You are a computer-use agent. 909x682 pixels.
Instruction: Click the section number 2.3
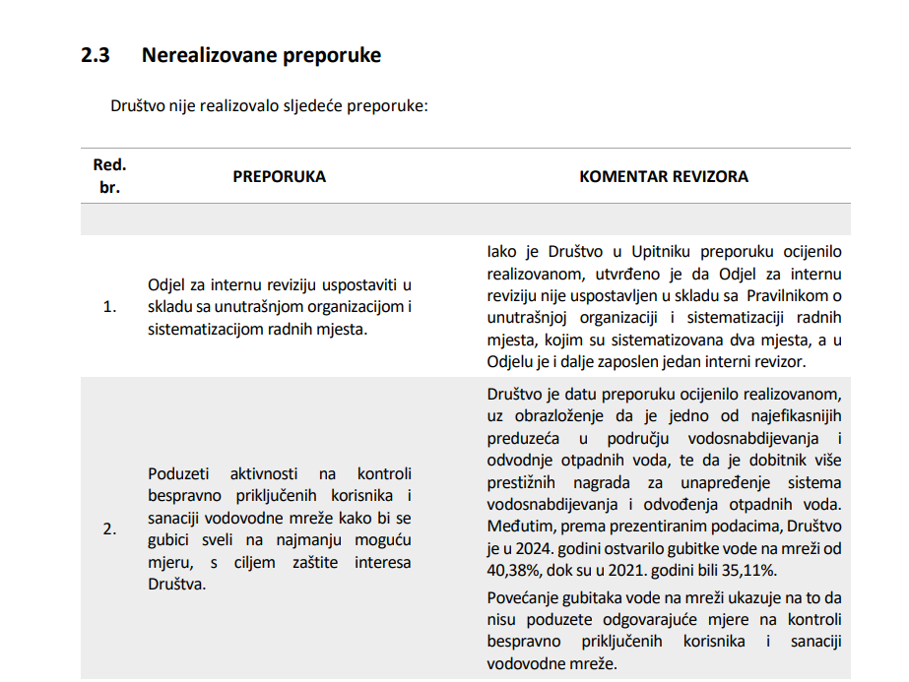pyautogui.click(x=96, y=56)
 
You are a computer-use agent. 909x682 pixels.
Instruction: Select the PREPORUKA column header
pyautogui.click(x=279, y=177)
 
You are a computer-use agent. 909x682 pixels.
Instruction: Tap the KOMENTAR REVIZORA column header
pyautogui.click(x=663, y=177)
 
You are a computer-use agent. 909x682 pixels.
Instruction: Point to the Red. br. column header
pyautogui.click(x=109, y=176)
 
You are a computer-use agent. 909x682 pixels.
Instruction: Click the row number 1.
pyautogui.click(x=109, y=307)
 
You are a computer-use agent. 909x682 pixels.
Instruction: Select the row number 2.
pyautogui.click(x=109, y=528)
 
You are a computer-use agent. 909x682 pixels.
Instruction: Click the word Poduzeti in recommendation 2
pyautogui.click(x=178, y=473)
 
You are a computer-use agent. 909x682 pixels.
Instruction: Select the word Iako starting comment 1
pyautogui.click(x=501, y=252)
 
